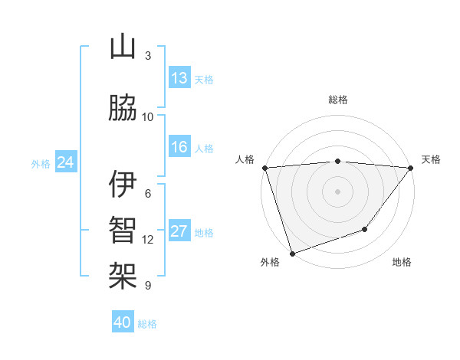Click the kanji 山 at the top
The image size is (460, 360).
click(x=123, y=48)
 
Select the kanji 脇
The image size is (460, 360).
click(x=123, y=110)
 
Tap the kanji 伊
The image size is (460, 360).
click(x=123, y=185)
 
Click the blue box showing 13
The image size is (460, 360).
click(x=179, y=78)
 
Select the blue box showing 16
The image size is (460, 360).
click(x=179, y=147)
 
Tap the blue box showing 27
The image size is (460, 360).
click(x=179, y=232)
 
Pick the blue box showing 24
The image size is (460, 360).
click(x=66, y=162)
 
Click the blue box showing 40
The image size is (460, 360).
click(x=123, y=322)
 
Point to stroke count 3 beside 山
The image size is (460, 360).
click(x=148, y=56)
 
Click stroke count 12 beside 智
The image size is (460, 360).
click(x=148, y=240)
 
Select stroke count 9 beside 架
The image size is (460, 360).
click(x=148, y=286)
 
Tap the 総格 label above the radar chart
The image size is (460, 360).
click(x=338, y=100)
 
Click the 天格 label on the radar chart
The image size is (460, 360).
click(x=431, y=159)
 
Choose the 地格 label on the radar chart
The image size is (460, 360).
click(x=402, y=263)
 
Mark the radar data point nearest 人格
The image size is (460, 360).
click(x=264, y=168)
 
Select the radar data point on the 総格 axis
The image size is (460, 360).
click(x=338, y=161)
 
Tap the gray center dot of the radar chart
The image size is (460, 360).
click(x=338, y=191)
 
